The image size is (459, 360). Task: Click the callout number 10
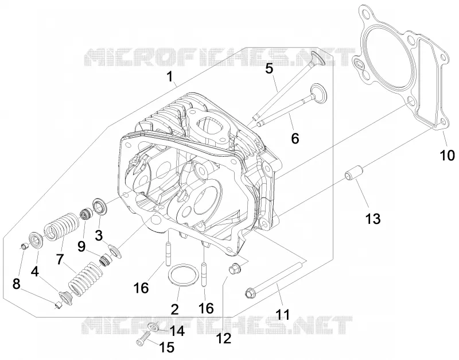[448, 155]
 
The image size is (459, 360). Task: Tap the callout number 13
[372, 219]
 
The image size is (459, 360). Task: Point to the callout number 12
[224, 338]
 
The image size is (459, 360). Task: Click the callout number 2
[174, 309]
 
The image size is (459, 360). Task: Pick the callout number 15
[166, 347]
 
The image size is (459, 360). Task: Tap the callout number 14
[177, 331]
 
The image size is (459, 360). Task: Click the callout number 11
[283, 315]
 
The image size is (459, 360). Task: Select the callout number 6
[295, 138]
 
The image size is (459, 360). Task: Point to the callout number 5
[269, 69]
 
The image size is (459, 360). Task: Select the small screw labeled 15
[143, 340]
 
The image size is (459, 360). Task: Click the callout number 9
[81, 246]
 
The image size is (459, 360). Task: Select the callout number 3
[99, 235]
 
